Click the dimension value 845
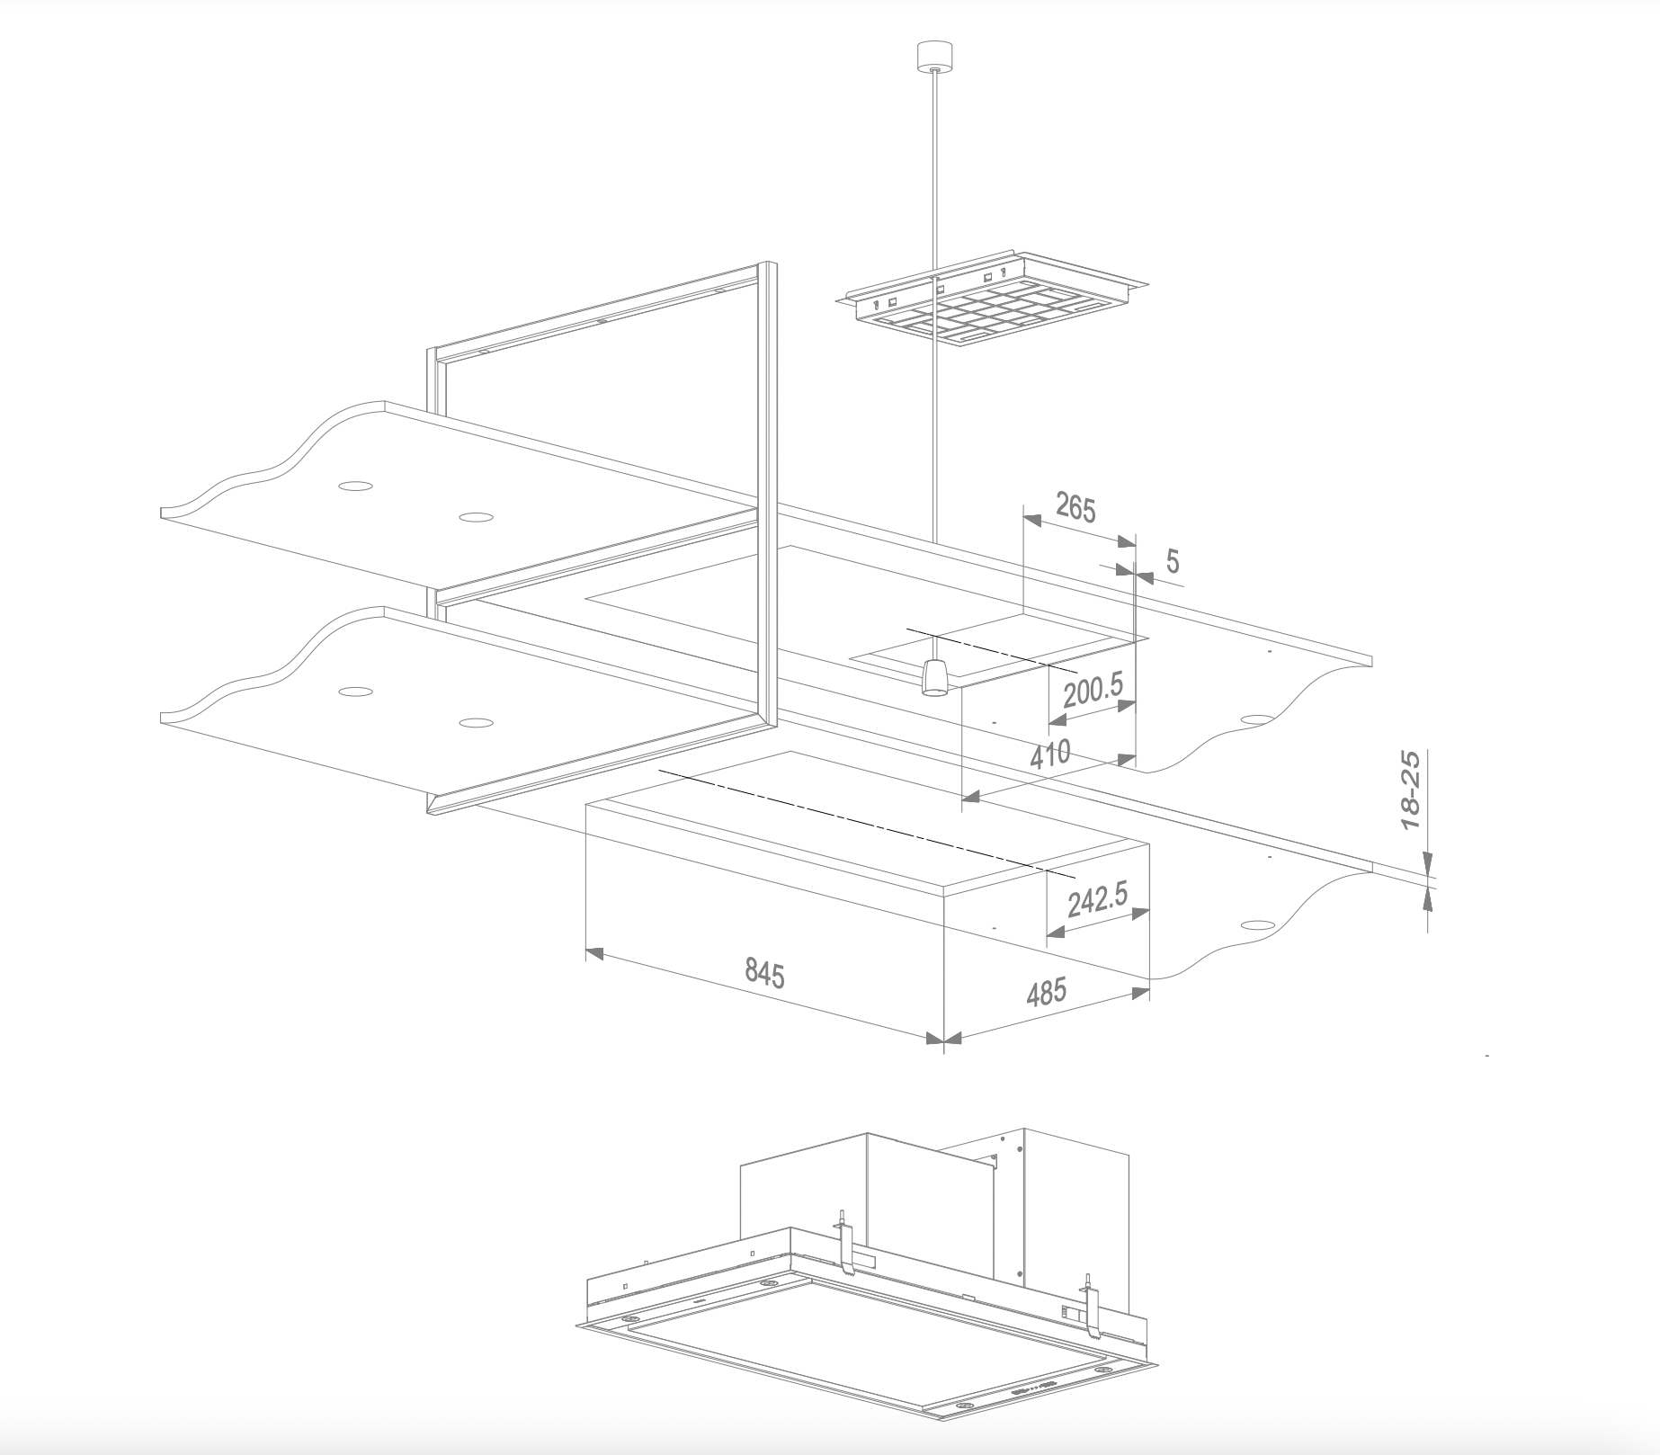click(x=765, y=973)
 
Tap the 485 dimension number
click(x=1046, y=991)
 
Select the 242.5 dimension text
click(x=1096, y=900)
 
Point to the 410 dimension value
click(x=1050, y=754)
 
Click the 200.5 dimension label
click(x=1093, y=691)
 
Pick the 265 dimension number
click(x=1075, y=508)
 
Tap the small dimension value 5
click(x=1173, y=562)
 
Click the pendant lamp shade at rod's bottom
click(x=936, y=676)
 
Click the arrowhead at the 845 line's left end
click(x=593, y=952)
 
